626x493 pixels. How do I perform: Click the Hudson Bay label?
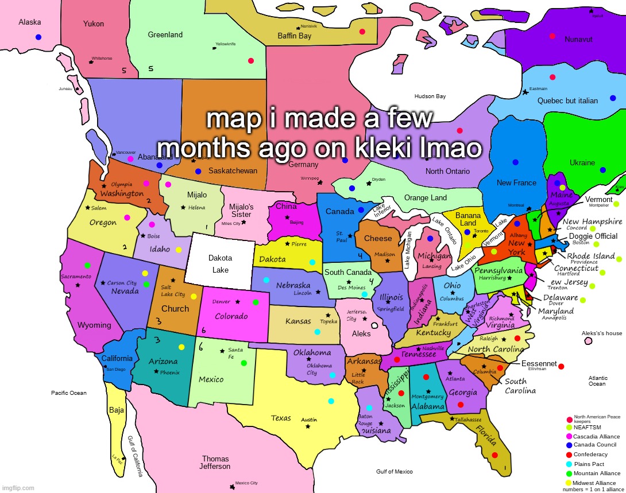(x=430, y=96)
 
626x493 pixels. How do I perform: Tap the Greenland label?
(x=165, y=35)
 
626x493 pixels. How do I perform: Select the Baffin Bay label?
(x=294, y=36)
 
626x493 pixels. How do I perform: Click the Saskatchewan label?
(x=233, y=171)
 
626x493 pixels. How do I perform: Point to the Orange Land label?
(x=425, y=198)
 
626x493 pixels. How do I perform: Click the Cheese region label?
(x=378, y=239)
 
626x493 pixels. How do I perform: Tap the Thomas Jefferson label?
(x=215, y=463)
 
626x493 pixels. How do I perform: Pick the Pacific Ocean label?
(x=69, y=393)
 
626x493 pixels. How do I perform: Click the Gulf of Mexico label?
(x=394, y=472)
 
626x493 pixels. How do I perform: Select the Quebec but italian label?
(x=567, y=101)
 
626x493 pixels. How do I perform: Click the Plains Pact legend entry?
(x=589, y=464)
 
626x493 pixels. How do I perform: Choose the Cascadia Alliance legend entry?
(x=596, y=437)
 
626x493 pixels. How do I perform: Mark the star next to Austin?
(x=308, y=426)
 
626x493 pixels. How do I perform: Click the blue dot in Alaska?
(x=38, y=37)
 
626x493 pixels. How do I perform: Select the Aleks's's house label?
(x=601, y=333)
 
